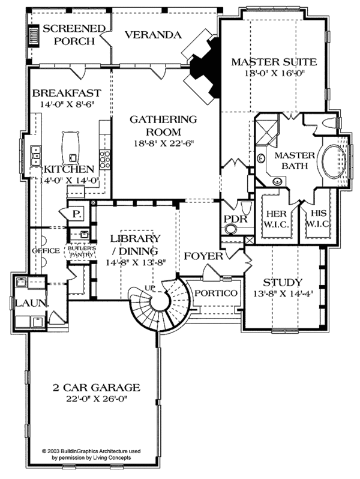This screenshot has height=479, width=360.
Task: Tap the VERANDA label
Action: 153,35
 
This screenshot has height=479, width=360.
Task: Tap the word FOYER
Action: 203,256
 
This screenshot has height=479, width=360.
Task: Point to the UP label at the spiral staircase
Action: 149,289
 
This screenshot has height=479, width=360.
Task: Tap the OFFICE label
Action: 46,250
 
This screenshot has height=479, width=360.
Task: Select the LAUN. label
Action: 31,303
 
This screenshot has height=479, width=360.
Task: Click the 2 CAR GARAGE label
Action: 95,387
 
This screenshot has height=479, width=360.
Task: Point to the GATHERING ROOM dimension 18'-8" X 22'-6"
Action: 163,143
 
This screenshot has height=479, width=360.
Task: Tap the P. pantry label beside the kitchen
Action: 76,214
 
